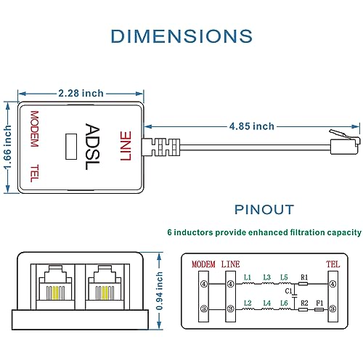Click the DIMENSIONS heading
(181, 36)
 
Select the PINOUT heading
(264, 210)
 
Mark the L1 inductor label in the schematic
(248, 277)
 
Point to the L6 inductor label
(285, 301)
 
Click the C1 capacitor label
(288, 290)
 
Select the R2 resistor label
(304, 301)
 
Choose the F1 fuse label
(320, 301)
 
